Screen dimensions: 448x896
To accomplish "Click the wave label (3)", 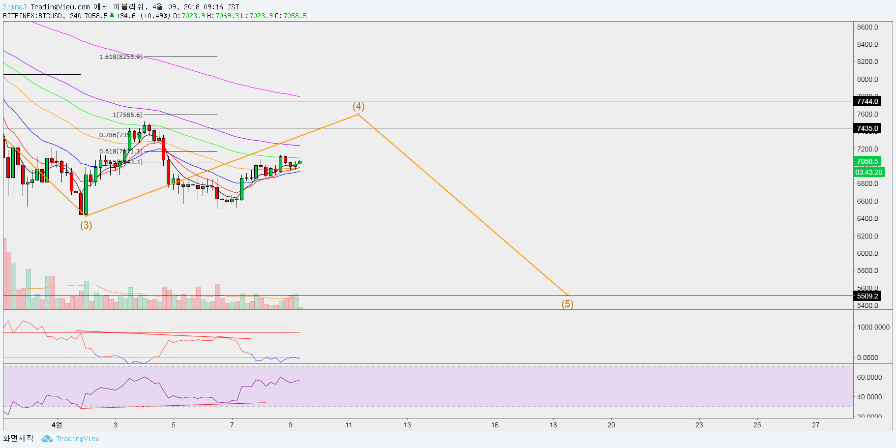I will [86, 225].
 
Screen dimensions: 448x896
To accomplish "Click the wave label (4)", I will [358, 107].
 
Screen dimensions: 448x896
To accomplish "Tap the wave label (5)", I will [567, 304].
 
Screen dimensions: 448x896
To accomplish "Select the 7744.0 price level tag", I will [867, 101].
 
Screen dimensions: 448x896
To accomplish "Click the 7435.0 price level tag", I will [867, 128].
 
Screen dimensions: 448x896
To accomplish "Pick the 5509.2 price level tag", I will [867, 296].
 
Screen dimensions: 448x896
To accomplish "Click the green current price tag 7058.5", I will [867, 161].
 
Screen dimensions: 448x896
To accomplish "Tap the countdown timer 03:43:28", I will [868, 172].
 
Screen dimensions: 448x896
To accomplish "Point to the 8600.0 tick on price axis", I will [867, 27].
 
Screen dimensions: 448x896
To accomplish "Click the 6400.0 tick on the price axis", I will [867, 218].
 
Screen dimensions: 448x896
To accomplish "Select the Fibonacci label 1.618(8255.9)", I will [121, 57].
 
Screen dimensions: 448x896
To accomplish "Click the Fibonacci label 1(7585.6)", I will [128, 115].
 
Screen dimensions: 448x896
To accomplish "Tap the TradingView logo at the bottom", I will [71, 439].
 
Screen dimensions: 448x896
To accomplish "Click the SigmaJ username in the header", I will [15, 7].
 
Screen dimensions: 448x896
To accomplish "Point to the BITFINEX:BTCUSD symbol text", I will [33, 16].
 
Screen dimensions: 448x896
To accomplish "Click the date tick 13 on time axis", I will [407, 425].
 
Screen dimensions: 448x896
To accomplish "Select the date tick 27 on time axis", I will [816, 425].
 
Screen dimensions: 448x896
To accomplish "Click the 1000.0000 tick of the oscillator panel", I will [873, 327].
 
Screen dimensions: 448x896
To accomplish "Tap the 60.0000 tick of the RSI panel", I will [869, 377].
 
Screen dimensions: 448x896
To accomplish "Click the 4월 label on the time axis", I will [57, 425].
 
